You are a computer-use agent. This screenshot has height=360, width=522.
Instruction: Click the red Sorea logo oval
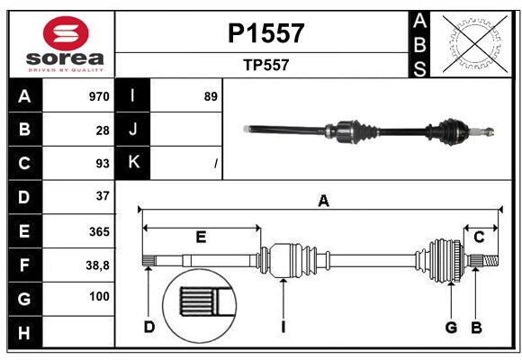(x=66, y=33)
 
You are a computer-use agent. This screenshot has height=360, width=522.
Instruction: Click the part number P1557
(x=266, y=33)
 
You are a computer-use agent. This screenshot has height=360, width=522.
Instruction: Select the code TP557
(x=266, y=65)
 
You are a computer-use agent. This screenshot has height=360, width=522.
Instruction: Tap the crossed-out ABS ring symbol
(x=475, y=44)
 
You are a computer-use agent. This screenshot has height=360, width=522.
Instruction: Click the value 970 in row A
(x=99, y=96)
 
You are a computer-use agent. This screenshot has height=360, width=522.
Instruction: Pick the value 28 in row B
(x=103, y=130)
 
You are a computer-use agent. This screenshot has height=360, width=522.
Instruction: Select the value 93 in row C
(x=103, y=164)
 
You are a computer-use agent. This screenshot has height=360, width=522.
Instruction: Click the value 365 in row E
(x=99, y=232)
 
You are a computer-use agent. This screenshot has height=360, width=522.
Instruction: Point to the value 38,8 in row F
(x=97, y=265)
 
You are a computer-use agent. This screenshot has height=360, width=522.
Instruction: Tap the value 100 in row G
(x=99, y=296)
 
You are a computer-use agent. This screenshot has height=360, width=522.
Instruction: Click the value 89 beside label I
(x=211, y=96)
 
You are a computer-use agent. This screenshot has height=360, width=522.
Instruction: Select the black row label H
(x=25, y=332)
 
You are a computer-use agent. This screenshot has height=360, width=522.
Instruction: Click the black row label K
(x=133, y=163)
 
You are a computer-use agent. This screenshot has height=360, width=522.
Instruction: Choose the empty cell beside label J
(x=186, y=130)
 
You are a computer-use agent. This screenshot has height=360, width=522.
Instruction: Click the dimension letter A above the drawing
(x=323, y=201)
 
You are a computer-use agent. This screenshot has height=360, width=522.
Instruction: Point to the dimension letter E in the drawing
(x=201, y=238)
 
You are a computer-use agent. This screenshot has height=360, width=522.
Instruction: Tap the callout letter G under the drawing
(x=451, y=328)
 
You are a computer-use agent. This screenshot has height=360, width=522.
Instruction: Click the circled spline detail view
(x=200, y=306)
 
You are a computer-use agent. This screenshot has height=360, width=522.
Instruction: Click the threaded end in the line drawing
(x=490, y=261)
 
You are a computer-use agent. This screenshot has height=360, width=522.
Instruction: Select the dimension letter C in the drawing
(x=479, y=238)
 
